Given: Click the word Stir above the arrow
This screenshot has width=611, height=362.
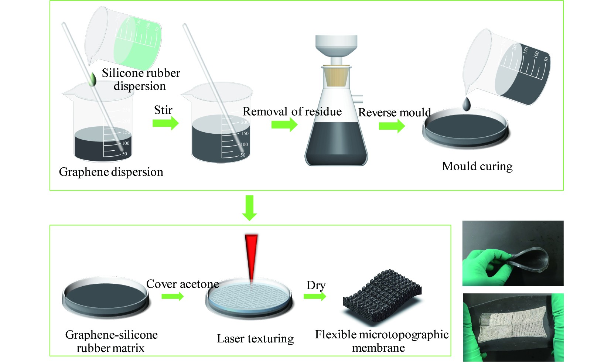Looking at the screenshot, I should tap(163, 110).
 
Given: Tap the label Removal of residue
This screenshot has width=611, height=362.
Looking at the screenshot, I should tap(292, 112).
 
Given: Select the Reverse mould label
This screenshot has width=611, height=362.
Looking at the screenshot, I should tap(395, 112).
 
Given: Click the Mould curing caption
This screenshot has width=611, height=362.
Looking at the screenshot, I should tap(477, 166).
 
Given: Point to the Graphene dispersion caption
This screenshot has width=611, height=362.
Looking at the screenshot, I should tap(111, 172).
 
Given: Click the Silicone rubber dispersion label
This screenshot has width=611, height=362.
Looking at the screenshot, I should tap(141, 79).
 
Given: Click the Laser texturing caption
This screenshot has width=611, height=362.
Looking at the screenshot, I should tap(255, 338).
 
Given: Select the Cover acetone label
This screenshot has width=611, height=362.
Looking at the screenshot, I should tap(182, 284).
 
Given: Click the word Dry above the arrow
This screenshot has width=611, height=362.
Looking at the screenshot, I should tap(316, 285).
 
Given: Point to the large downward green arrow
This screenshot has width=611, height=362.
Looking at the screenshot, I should tap(250, 208).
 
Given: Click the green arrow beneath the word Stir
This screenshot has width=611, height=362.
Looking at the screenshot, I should tap(165, 123).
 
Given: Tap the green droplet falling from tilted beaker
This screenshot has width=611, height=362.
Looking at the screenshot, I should tap(92, 79).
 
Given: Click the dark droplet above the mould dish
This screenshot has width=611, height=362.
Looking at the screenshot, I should tap(467, 104).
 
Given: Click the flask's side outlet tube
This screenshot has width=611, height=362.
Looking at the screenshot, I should tap(358, 99).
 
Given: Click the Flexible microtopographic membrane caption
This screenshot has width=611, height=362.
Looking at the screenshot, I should tap(381, 341).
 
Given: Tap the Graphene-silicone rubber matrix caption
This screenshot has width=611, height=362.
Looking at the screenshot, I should tap(111, 341).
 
